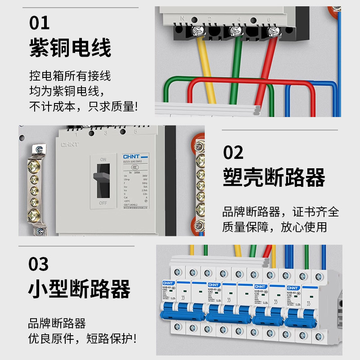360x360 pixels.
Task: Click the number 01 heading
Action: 40,22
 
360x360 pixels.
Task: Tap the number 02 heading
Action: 234,153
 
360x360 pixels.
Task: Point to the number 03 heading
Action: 40,264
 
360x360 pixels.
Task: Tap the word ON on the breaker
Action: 103,159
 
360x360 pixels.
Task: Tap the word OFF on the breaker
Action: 103,203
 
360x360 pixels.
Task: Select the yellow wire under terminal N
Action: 206,67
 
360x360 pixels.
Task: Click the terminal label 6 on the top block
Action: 269,20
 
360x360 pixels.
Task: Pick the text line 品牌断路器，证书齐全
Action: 280,211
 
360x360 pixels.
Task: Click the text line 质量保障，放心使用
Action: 274,227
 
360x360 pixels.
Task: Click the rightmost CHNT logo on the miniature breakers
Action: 293,286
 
